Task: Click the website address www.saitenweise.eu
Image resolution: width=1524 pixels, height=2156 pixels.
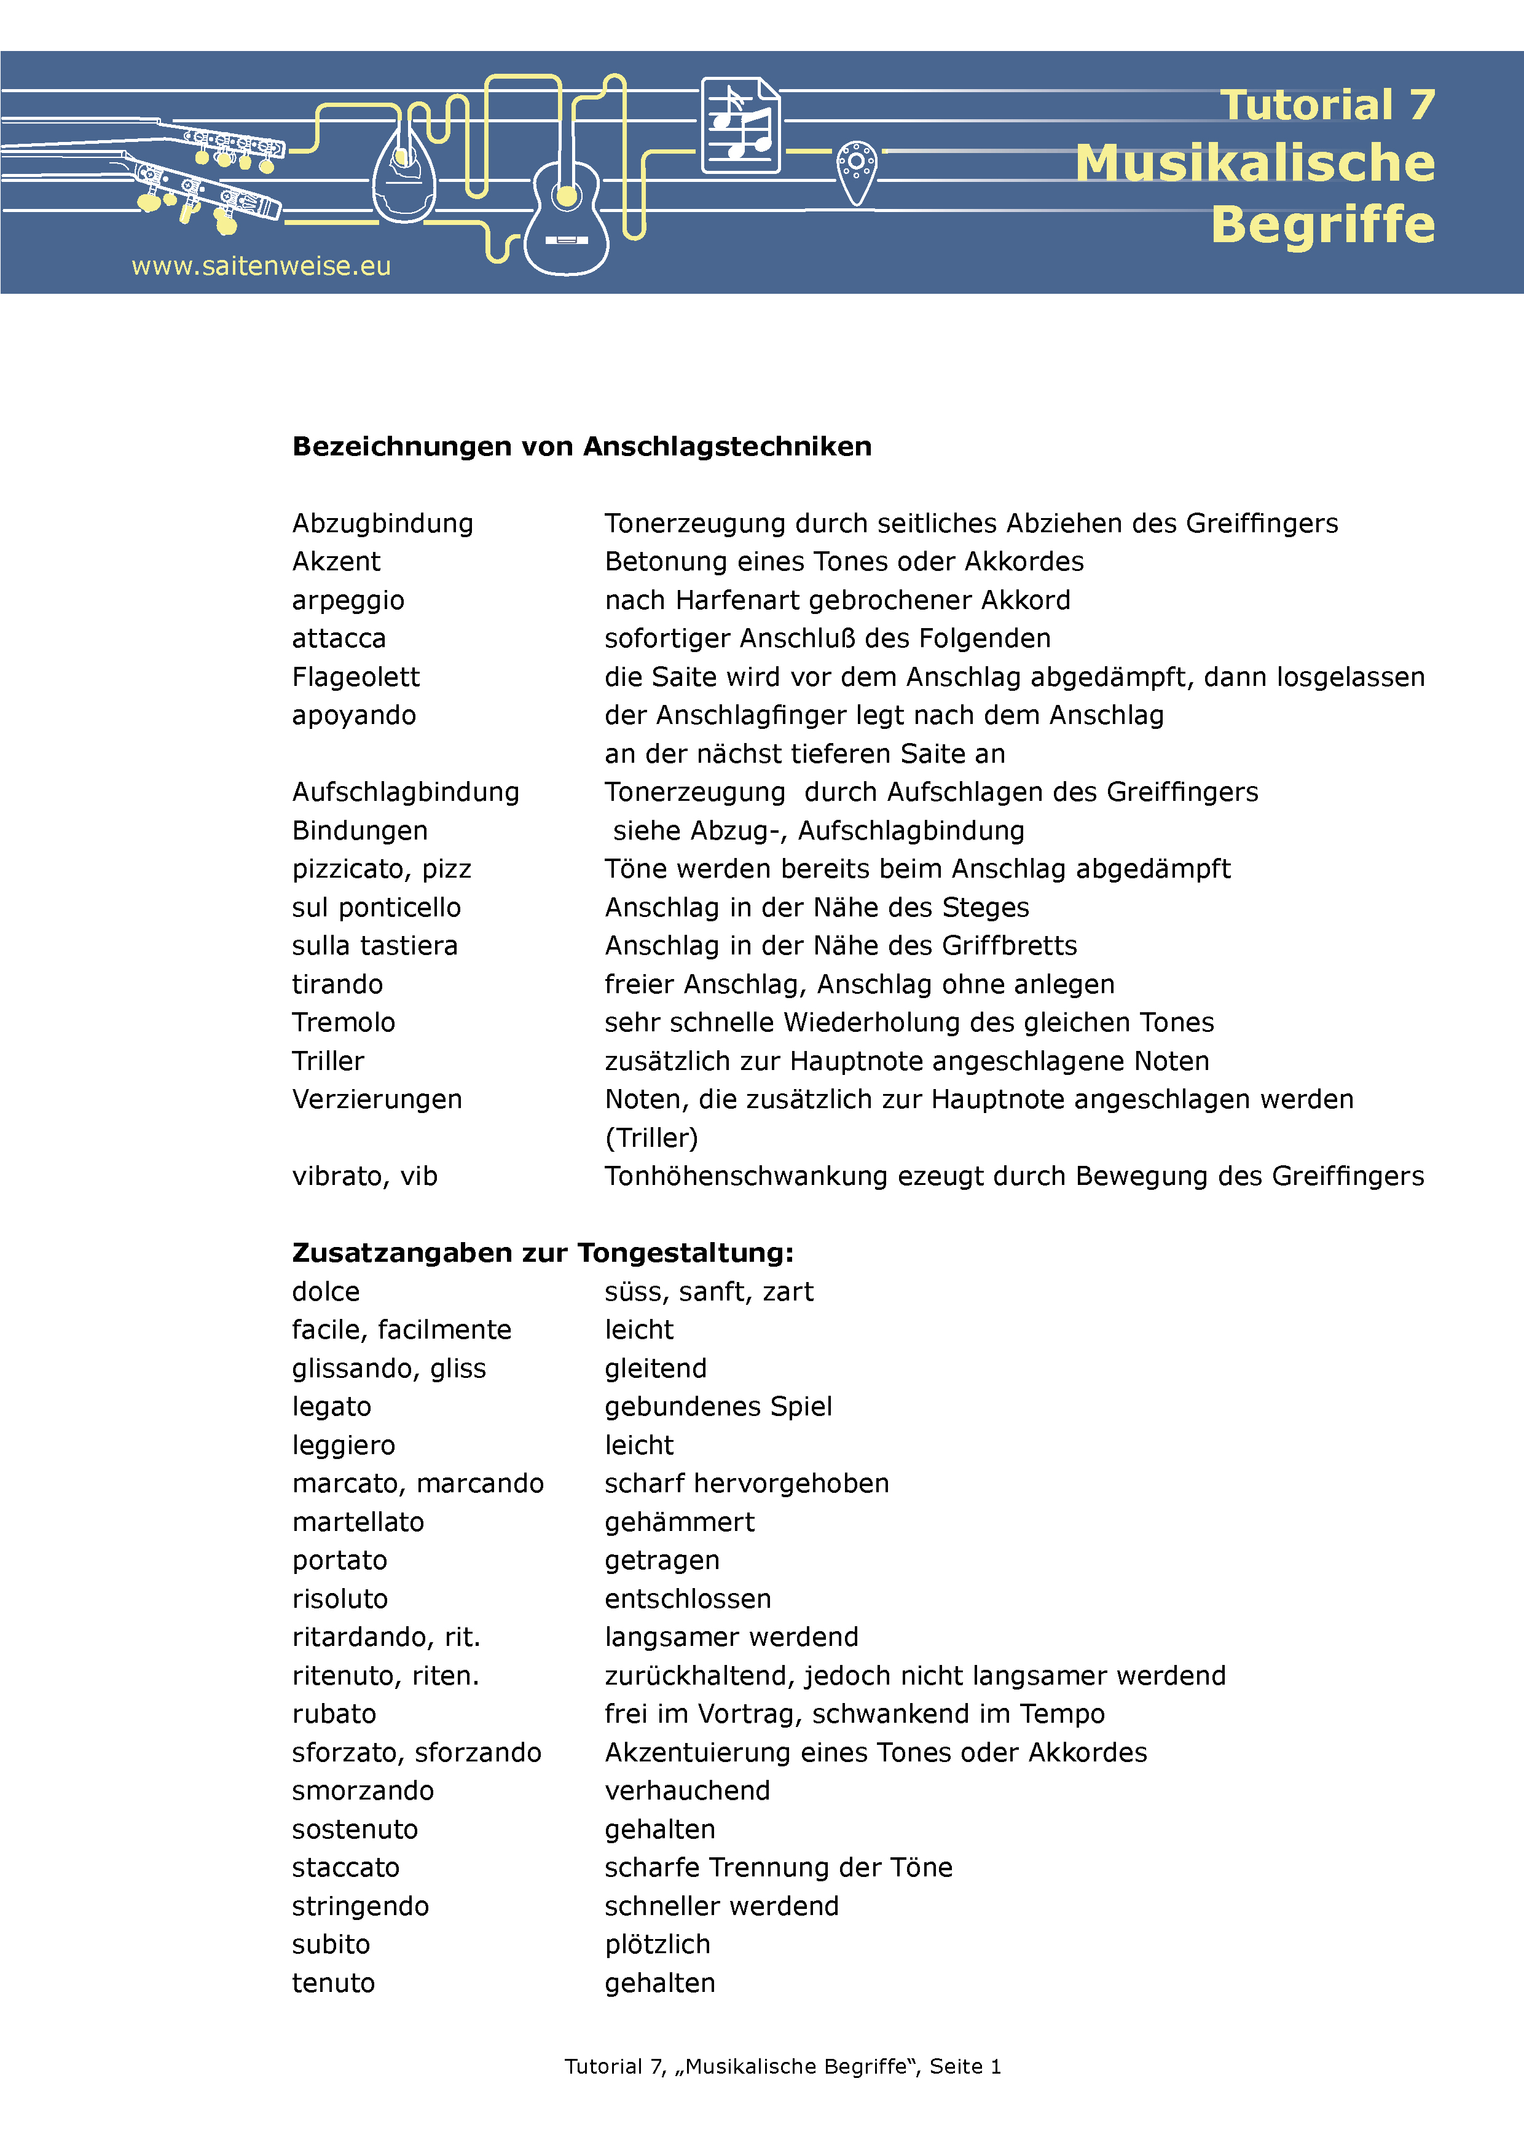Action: pyautogui.click(x=261, y=267)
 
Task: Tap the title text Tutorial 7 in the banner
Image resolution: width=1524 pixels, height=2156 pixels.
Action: pyautogui.click(x=1327, y=105)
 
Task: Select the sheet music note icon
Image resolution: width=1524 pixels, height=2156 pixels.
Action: pyautogui.click(x=741, y=126)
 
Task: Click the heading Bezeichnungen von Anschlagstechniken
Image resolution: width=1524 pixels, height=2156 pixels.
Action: pyautogui.click(x=581, y=446)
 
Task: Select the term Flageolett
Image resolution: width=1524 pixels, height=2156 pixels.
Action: pyautogui.click(x=356, y=677)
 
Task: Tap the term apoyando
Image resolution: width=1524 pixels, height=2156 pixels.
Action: pyautogui.click(x=354, y=715)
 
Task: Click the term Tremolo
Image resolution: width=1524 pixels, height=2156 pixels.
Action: pyautogui.click(x=344, y=1023)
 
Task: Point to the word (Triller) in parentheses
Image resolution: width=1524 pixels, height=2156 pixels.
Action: pyautogui.click(x=651, y=1138)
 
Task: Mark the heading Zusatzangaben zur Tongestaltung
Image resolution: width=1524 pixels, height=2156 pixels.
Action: pyautogui.click(x=543, y=1253)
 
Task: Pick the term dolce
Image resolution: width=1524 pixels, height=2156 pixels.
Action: pyautogui.click(x=326, y=1292)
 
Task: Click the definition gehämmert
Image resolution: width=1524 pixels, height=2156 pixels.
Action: pyautogui.click(x=680, y=1522)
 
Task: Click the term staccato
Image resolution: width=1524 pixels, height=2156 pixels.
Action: pyautogui.click(x=345, y=1868)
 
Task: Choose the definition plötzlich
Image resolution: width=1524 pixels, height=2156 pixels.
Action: pyautogui.click(x=658, y=1945)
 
